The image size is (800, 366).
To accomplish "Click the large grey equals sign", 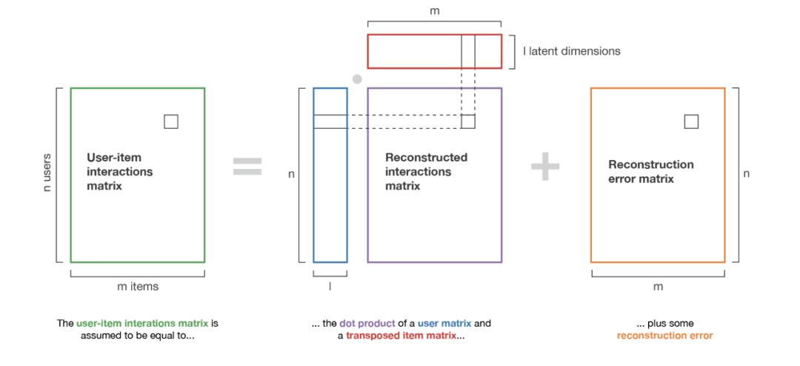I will point(247,167).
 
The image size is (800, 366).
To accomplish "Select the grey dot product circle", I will point(357,79).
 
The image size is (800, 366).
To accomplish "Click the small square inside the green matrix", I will point(171,122).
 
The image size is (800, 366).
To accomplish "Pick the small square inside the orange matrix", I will point(691,122).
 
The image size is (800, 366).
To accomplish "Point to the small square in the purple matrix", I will point(467,122).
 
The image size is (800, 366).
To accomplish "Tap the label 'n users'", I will point(47,173).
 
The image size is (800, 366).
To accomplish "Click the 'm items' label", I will point(137,286).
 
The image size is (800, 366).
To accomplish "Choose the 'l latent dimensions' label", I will point(571,51).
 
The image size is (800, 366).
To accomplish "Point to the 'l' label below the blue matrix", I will point(330,285).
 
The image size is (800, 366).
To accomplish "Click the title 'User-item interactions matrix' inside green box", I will point(120,172).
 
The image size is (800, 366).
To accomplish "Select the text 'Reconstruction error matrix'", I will point(651,172).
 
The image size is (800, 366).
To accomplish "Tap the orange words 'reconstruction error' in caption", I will point(664,336).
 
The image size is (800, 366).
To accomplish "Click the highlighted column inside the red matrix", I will point(467,51).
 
